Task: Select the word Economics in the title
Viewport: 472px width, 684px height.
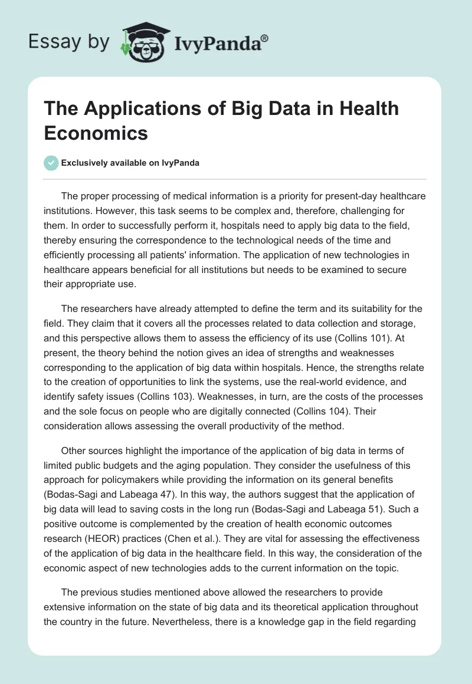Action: pyautogui.click(x=97, y=133)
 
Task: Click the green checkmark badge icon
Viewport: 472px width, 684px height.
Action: pyautogui.click(x=51, y=163)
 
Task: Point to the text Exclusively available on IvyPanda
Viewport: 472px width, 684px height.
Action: pyautogui.click(x=130, y=163)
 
